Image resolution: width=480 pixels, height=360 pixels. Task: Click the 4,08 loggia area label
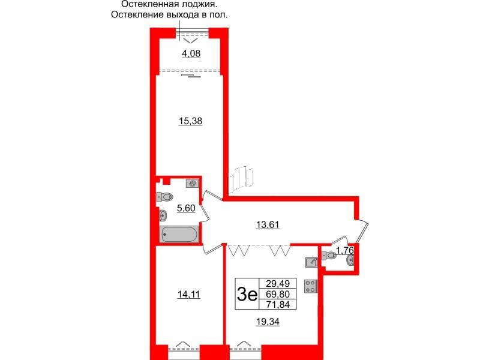pyautogui.click(x=191, y=54)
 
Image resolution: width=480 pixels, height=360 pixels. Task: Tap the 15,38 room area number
pyautogui.click(x=190, y=121)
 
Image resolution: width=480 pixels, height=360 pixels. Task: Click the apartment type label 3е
pyautogui.click(x=247, y=295)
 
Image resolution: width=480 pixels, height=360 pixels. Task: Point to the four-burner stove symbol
pyautogui.click(x=311, y=286)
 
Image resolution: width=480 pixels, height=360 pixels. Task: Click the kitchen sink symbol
pyautogui.click(x=311, y=262)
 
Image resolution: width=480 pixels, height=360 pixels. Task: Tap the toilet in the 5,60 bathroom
pyautogui.click(x=165, y=196)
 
